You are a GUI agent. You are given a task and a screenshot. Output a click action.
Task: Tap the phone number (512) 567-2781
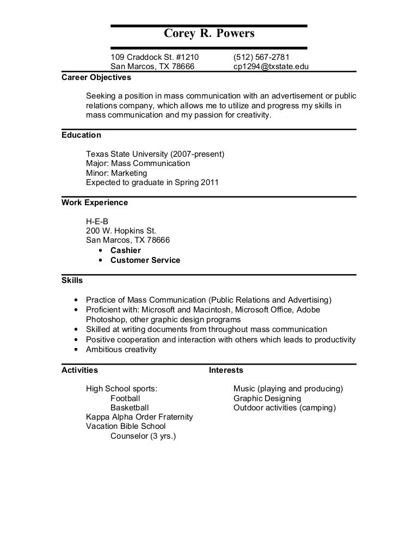261,58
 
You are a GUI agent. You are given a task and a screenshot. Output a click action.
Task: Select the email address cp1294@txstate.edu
272,67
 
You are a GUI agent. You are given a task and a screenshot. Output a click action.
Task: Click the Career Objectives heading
96,77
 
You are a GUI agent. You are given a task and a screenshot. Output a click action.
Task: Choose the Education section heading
81,135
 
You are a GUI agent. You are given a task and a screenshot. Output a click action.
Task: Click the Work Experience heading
95,202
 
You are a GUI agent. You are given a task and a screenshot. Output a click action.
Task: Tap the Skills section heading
72,280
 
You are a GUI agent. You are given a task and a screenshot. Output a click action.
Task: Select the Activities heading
79,370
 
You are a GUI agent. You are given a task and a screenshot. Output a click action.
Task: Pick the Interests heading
226,370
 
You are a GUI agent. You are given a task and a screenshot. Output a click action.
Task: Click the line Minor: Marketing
116,173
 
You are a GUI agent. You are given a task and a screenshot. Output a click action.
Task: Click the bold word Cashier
126,250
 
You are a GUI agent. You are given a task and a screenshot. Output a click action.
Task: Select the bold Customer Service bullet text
145,260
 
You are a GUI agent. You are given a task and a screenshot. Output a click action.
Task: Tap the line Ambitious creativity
121,349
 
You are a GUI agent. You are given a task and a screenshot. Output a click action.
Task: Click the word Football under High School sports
125,398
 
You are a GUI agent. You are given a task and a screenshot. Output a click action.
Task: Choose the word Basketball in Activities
130,408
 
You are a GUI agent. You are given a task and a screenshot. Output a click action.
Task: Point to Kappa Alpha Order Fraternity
139,417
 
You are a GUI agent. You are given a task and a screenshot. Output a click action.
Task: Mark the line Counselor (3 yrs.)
143,436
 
